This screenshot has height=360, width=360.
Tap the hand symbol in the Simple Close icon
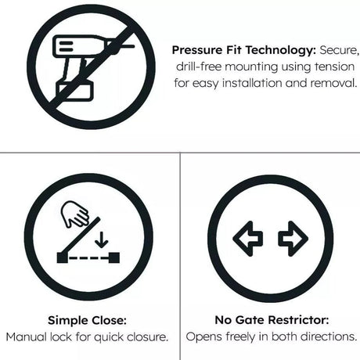coord(76,214)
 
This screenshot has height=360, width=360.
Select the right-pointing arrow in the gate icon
coord(292,238)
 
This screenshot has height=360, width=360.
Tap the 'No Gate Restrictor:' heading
coord(270,320)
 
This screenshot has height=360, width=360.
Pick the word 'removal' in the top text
coord(332,82)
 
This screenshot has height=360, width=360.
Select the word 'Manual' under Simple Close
coord(27,337)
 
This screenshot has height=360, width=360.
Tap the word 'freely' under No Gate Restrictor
coord(242,337)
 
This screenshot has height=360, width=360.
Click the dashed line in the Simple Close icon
coord(87,257)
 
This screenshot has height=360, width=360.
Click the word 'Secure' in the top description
coord(340,49)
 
